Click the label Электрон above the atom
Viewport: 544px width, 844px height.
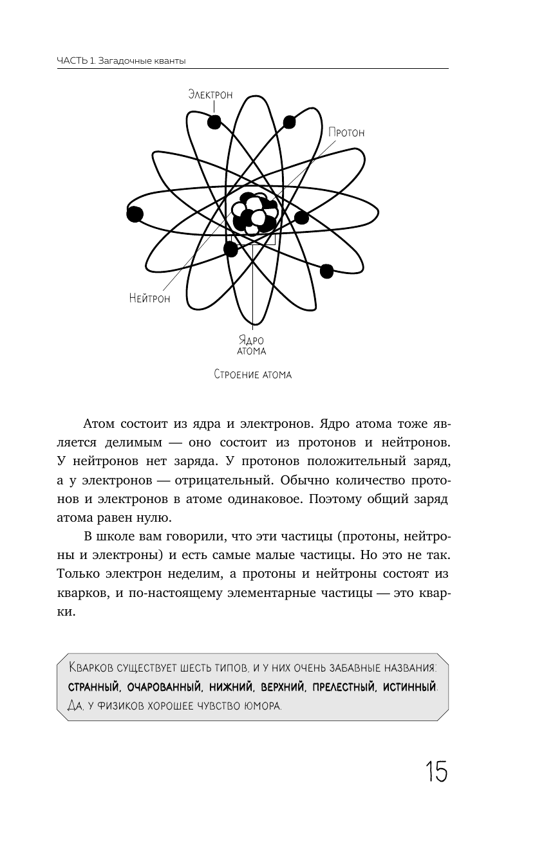(210, 95)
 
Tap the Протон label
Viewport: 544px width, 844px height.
(346, 133)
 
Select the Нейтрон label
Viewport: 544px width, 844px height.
(149, 298)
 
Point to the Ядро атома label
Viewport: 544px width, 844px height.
(252, 346)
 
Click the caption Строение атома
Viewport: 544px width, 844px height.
(252, 374)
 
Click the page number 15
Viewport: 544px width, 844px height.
(435, 771)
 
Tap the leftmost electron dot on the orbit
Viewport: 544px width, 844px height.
(135, 214)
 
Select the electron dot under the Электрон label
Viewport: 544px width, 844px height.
(214, 121)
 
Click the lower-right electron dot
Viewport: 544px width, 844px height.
(326, 271)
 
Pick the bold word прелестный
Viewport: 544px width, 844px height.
(343, 688)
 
